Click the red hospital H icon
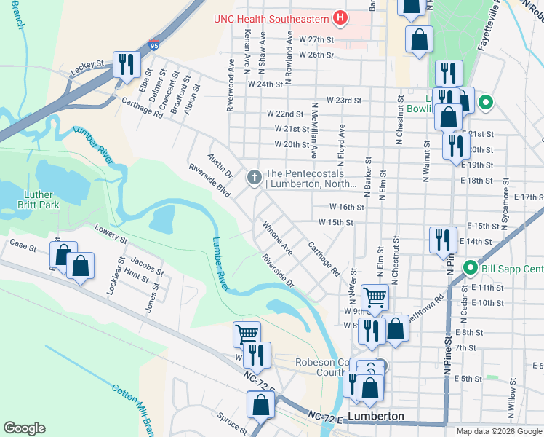coord(339,17)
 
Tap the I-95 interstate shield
coord(153,45)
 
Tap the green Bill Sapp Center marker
coord(470,269)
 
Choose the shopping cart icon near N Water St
coord(374,296)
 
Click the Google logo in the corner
coord(24,428)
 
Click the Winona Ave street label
coord(278,239)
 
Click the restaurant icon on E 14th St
coord(442,240)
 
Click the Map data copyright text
coord(498,431)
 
